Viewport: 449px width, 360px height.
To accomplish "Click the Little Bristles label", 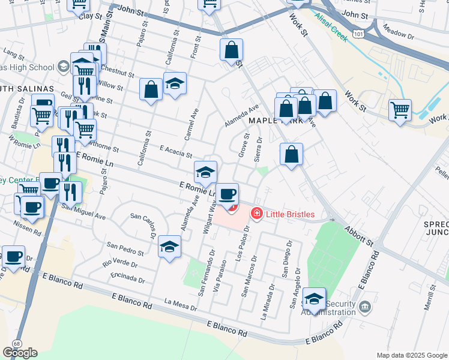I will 291,214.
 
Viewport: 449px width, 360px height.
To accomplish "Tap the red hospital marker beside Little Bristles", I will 257,213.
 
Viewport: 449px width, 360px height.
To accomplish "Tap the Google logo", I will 20,353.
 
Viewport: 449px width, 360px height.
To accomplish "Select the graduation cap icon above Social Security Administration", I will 315,299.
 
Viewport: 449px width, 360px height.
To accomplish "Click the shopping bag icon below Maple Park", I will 291,154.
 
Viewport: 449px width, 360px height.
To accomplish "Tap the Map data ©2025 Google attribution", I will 412,355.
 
